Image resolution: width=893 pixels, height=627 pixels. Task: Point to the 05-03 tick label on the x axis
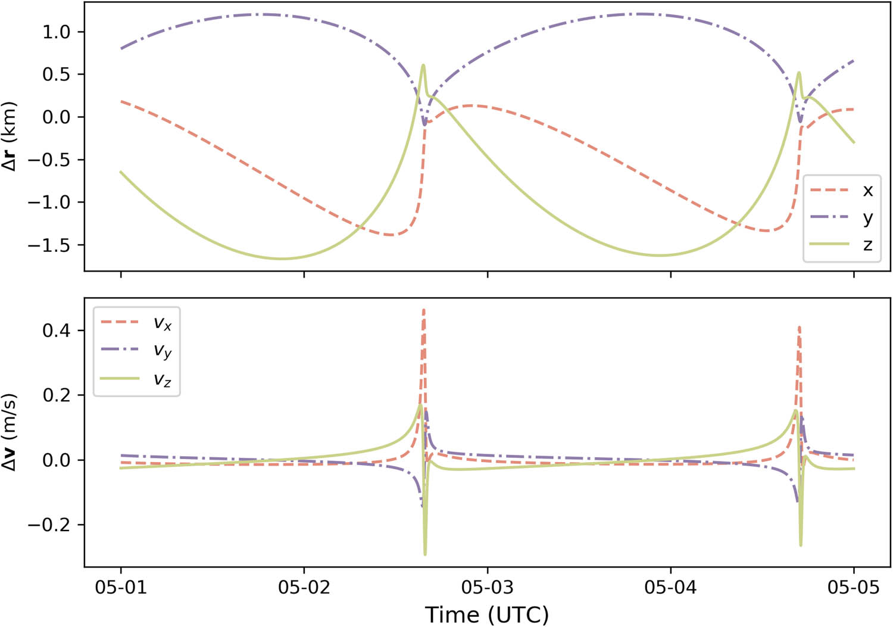(487, 588)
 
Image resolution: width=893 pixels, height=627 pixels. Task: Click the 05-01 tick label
(121, 588)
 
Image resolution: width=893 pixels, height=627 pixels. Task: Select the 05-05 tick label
(853, 588)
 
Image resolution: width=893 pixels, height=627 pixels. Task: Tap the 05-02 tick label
(304, 588)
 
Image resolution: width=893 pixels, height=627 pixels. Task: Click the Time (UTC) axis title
(487, 614)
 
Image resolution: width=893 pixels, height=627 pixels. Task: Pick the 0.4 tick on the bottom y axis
(56, 330)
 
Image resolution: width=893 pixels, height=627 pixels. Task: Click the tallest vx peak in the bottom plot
(424, 310)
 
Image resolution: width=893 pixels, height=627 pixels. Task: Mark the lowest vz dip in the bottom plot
(425, 554)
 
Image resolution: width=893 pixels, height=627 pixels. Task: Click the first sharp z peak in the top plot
(423, 65)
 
